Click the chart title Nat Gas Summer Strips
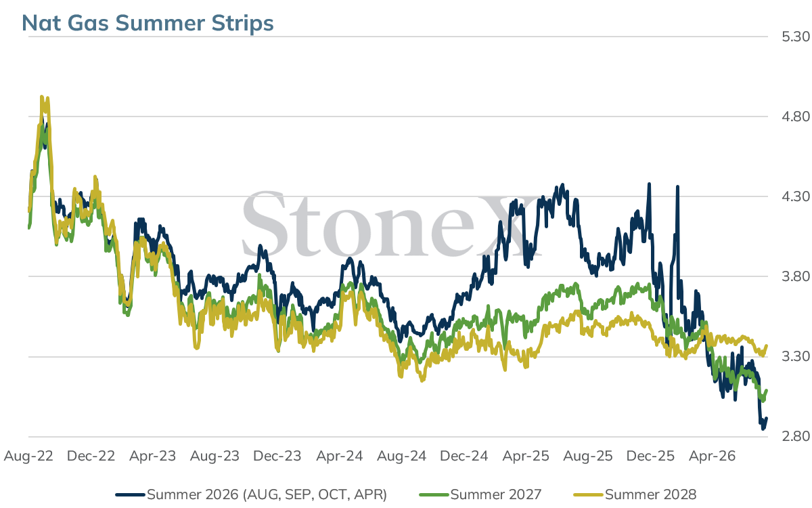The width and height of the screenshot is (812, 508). click(x=148, y=23)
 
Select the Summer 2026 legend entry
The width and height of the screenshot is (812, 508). click(x=251, y=494)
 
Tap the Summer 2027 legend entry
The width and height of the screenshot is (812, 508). click(x=480, y=494)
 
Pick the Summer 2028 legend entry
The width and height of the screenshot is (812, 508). click(x=635, y=494)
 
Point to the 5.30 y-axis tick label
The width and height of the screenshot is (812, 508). click(x=796, y=37)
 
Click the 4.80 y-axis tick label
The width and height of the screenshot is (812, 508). click(x=796, y=117)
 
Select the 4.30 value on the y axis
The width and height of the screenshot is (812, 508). click(x=796, y=196)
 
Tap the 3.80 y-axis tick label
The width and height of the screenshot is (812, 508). click(x=796, y=276)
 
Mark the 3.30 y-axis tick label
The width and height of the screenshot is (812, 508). click(x=796, y=357)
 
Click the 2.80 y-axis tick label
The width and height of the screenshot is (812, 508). click(x=796, y=436)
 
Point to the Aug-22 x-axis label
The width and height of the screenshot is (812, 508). click(x=28, y=456)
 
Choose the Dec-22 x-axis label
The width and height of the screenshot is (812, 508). click(x=91, y=456)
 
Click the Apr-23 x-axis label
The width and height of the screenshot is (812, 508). click(x=153, y=456)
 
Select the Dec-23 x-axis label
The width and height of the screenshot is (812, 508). click(x=277, y=456)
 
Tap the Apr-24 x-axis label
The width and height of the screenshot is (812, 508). click(x=340, y=456)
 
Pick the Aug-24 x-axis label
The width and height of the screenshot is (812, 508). click(x=402, y=456)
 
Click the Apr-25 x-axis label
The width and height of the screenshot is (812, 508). click(x=526, y=456)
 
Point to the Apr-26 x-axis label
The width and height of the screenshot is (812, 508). click(x=713, y=456)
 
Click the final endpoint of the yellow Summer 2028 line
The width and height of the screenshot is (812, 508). click(x=767, y=345)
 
